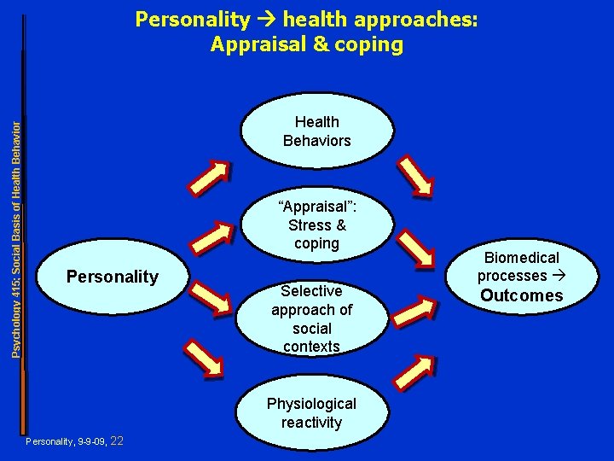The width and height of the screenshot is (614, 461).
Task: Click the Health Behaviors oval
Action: click(317, 131)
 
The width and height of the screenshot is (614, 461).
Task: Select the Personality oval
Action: click(112, 277)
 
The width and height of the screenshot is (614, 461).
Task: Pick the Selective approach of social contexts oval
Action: click(311, 318)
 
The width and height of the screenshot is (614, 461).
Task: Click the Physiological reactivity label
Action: click(311, 412)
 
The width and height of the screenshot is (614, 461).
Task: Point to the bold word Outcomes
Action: click(521, 295)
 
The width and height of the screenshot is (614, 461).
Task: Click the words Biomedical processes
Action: click(521, 266)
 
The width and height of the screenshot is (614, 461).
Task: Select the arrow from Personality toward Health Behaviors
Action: click(209, 178)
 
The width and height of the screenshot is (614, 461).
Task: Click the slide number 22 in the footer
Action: click(118, 441)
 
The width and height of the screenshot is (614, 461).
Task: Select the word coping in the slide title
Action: click(370, 45)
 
